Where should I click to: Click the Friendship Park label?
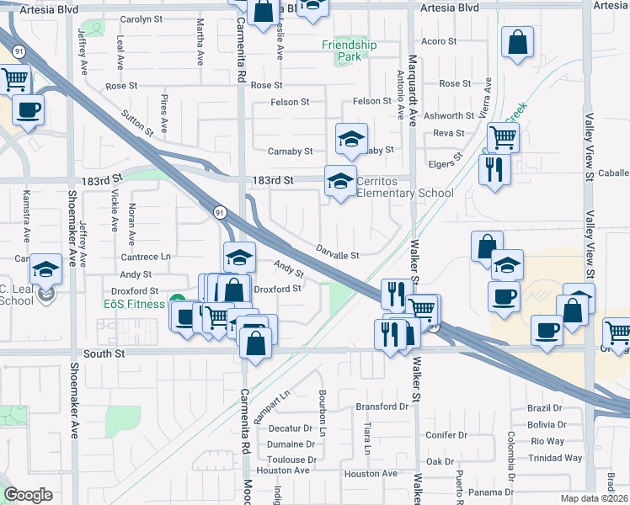[x=349, y=50]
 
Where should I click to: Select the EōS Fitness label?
[x=134, y=303]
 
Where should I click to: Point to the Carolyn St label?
[x=141, y=19]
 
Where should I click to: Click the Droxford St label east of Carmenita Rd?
[x=277, y=289]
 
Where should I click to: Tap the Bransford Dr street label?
[x=382, y=407]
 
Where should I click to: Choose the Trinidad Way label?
[x=556, y=459]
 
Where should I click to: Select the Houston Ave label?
[x=371, y=474]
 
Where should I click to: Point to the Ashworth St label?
[x=449, y=116]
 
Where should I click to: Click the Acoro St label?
[x=439, y=40]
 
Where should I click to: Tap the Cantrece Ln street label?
[x=146, y=257]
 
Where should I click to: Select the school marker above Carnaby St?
[x=351, y=138]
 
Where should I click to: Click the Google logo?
[x=28, y=495]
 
